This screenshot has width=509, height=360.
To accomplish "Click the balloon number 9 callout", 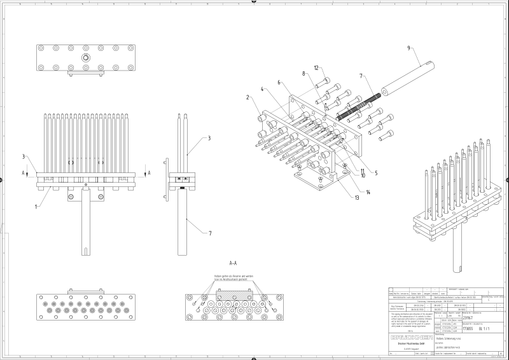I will coord(408,48).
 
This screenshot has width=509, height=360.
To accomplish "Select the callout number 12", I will coord(316,67).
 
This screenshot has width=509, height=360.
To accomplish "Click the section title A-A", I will coord(233,262).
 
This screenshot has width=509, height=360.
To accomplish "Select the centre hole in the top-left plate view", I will coord(85,58).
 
